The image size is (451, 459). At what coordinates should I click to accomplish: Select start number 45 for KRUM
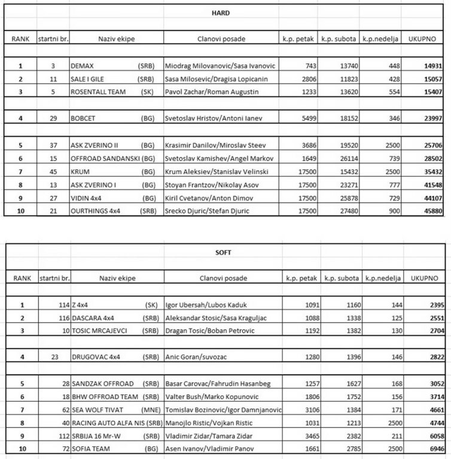click(x=53, y=171)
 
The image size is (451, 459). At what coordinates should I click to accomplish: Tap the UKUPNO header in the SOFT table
click(x=424, y=278)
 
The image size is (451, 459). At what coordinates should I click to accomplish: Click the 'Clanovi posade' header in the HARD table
click(x=219, y=39)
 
